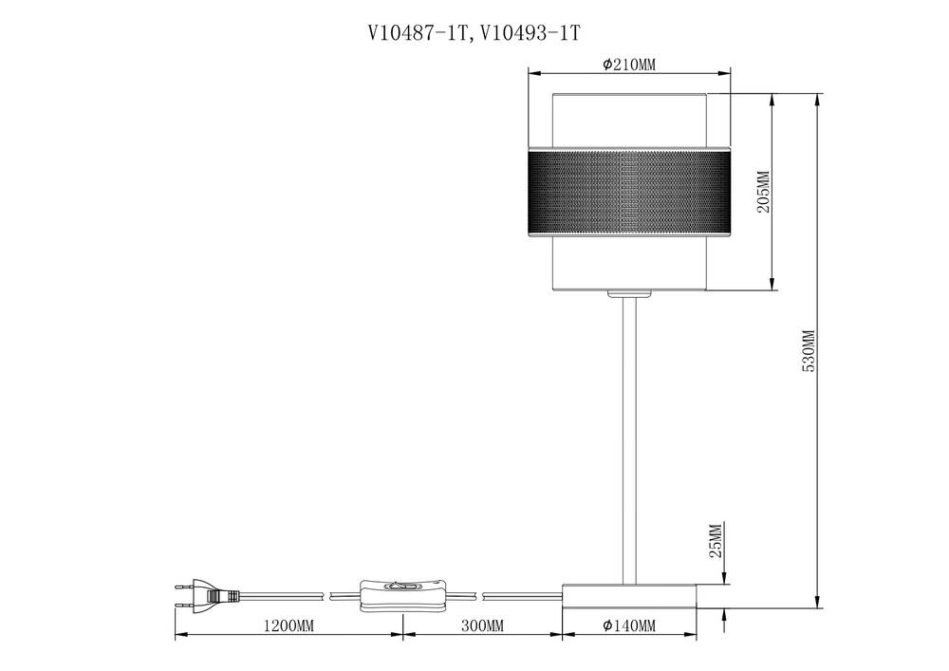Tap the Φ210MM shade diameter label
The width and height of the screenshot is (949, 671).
(629, 65)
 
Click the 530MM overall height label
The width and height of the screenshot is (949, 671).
(809, 351)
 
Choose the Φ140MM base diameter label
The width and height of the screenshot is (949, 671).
(629, 626)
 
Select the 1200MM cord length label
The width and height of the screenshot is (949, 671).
(288, 626)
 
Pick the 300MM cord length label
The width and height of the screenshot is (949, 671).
(482, 626)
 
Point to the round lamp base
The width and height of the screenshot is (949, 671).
(629, 595)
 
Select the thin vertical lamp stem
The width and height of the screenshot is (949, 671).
(629, 437)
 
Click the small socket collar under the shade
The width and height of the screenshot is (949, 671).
(629, 294)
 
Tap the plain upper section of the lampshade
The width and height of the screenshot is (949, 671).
(629, 120)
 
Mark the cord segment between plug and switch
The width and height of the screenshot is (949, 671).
(285, 595)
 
